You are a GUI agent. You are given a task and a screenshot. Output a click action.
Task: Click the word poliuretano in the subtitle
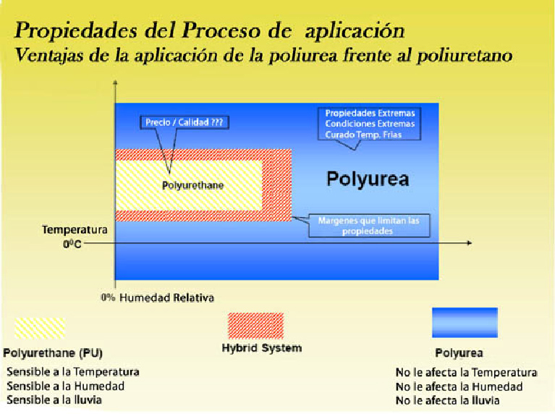[465, 56]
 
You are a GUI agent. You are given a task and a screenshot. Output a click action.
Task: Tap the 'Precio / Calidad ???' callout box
[184, 122]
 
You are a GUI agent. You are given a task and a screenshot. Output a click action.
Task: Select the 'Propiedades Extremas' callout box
[370, 124]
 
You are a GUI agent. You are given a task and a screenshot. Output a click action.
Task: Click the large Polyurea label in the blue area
[368, 179]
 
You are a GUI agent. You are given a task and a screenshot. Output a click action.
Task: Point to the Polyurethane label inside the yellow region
[193, 185]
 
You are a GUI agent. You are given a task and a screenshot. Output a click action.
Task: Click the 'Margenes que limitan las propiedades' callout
[369, 226]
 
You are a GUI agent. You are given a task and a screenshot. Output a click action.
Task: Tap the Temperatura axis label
[75, 230]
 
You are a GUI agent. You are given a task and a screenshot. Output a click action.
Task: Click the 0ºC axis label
[72, 244]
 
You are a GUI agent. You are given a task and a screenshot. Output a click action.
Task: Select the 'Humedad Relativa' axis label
[166, 298]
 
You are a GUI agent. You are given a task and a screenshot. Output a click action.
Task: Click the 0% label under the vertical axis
[108, 297]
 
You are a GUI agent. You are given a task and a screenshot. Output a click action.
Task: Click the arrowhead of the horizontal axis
[470, 243]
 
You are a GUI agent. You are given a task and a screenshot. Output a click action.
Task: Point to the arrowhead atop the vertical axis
[115, 83]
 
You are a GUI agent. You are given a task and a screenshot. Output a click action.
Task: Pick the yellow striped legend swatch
[40, 329]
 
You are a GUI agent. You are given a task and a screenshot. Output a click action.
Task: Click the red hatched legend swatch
[256, 326]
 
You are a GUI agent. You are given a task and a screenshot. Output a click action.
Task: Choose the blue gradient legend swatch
[465, 322]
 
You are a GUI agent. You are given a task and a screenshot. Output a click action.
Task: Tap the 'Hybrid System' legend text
[262, 348]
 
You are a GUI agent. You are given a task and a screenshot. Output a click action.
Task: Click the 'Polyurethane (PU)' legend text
[53, 353]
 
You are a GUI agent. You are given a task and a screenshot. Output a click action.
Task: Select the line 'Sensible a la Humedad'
[65, 386]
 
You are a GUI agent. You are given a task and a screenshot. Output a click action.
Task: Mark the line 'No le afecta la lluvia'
[447, 400]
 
